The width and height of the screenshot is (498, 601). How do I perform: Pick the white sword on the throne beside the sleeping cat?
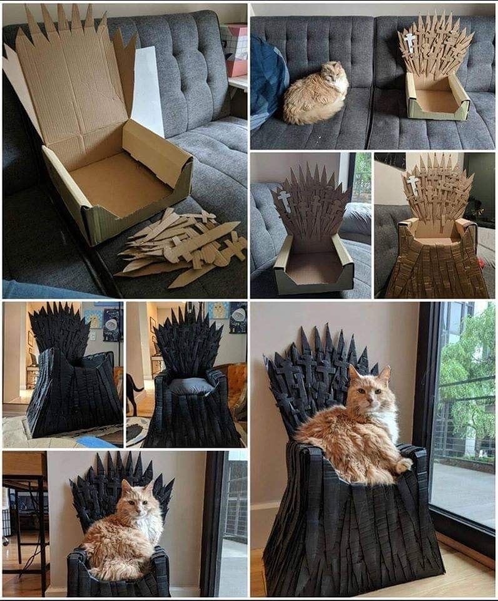click(x=410, y=42)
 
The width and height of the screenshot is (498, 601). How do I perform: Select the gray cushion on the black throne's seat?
click(x=191, y=386)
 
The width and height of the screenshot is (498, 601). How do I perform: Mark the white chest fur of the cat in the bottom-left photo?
click(x=150, y=526)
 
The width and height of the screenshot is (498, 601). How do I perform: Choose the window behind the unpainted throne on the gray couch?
click(x=361, y=176)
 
